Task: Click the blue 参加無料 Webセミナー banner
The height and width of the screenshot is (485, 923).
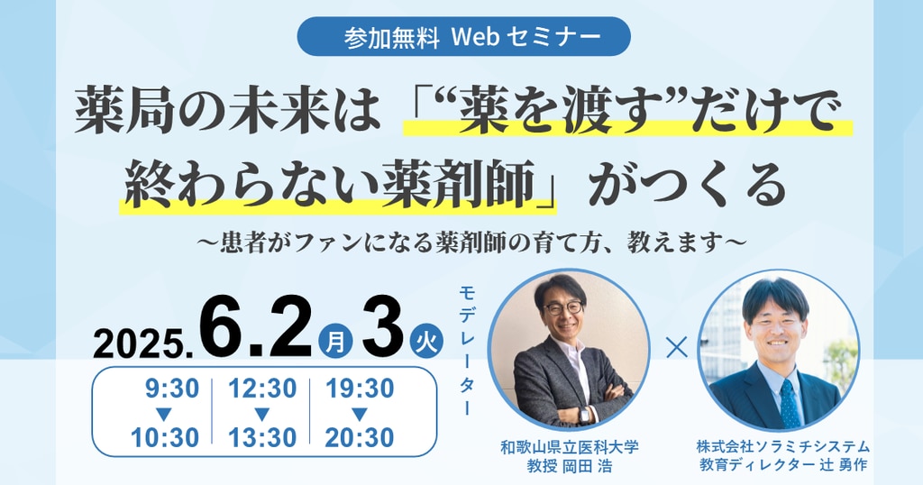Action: (x=464, y=36)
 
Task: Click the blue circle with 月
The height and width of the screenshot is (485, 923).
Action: (x=335, y=342)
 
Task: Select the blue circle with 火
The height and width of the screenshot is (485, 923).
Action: (x=425, y=342)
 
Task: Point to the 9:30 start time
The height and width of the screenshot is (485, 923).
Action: (x=172, y=389)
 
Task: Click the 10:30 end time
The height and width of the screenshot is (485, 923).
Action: (x=165, y=437)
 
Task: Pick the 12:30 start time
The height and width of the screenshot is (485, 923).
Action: (x=262, y=389)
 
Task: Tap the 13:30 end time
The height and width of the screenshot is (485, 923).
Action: (x=262, y=437)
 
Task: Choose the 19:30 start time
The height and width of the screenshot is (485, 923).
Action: (x=360, y=389)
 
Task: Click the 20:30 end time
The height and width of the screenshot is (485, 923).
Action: (x=360, y=437)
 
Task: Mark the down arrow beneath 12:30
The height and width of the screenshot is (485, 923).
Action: (x=262, y=414)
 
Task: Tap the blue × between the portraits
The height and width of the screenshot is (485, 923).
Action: (x=676, y=348)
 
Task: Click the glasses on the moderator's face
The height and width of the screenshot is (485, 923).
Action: (x=563, y=307)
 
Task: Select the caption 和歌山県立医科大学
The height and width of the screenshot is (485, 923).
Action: (x=570, y=447)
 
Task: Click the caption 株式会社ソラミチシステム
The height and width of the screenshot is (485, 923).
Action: (x=783, y=447)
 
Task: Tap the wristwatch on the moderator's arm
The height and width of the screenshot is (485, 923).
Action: (x=584, y=415)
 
